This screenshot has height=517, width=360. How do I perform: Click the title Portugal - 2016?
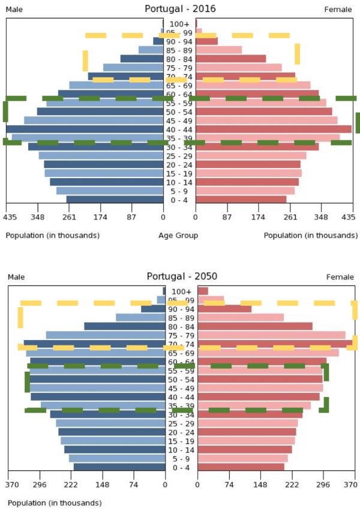pos(180,9)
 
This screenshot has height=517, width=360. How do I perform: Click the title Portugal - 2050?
pos(182,276)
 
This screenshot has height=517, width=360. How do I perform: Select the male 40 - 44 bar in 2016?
pos(85,129)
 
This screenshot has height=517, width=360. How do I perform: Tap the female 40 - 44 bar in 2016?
pos(274,129)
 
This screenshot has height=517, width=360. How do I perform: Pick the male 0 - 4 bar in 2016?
pos(115,200)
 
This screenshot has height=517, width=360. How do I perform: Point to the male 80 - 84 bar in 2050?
pos(124,326)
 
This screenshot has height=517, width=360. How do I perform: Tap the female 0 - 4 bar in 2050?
pos(241,467)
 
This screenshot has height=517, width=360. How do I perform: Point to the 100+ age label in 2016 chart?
pos(179,23)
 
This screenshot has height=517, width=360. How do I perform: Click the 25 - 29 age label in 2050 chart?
pos(181,423)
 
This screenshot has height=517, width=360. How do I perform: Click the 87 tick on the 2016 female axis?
pos(227,217)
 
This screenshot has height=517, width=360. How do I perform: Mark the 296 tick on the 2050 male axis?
pos(40,485)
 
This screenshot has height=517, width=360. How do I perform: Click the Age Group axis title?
pos(178,236)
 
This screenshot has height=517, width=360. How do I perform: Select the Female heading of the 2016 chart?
pos(338,10)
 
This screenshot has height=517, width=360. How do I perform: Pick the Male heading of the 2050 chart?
pos(16,277)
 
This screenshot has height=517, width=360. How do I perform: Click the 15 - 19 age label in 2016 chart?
pos(179,173)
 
